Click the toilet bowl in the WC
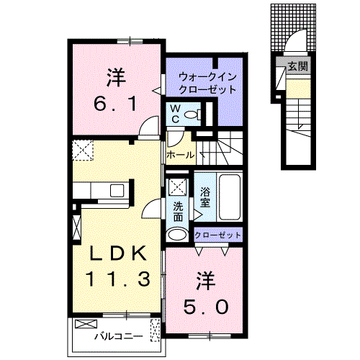point(192,114)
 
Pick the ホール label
point(179,155)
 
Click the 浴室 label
point(204,197)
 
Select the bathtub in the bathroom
point(230,197)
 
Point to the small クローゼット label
point(218,235)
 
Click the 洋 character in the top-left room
point(113,75)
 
